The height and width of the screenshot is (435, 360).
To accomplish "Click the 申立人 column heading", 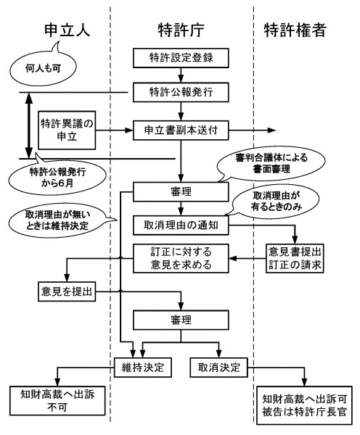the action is click(x=67, y=30).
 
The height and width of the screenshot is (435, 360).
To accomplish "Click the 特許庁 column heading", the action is click(x=181, y=30).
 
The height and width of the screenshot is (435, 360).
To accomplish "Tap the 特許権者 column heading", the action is click(x=295, y=30).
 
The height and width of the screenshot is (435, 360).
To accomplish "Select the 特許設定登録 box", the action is click(x=181, y=58).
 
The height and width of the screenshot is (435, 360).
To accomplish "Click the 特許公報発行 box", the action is click(x=181, y=92).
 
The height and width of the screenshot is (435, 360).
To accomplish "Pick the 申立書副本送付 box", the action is click(x=181, y=130).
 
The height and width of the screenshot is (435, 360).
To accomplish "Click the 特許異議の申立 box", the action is click(x=67, y=130).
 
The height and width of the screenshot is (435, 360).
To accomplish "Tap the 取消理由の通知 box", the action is click(x=181, y=225).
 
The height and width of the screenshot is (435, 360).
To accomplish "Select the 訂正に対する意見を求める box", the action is click(x=181, y=259).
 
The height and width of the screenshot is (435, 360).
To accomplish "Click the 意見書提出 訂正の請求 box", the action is click(x=295, y=259).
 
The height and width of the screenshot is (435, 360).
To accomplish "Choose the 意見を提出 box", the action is click(x=67, y=291).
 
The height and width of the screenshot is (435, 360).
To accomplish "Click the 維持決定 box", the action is click(x=143, y=368).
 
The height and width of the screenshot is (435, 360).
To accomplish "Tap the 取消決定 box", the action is click(x=219, y=368).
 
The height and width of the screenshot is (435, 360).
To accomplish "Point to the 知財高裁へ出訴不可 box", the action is click(x=57, y=401).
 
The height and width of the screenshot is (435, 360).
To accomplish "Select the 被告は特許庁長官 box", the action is click(x=304, y=405).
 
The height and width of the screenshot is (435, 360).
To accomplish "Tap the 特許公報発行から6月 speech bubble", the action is click(x=57, y=175).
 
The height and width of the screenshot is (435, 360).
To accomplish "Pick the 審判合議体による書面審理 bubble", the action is click(x=271, y=164).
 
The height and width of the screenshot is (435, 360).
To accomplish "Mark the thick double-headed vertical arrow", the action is click(x=29, y=125).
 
